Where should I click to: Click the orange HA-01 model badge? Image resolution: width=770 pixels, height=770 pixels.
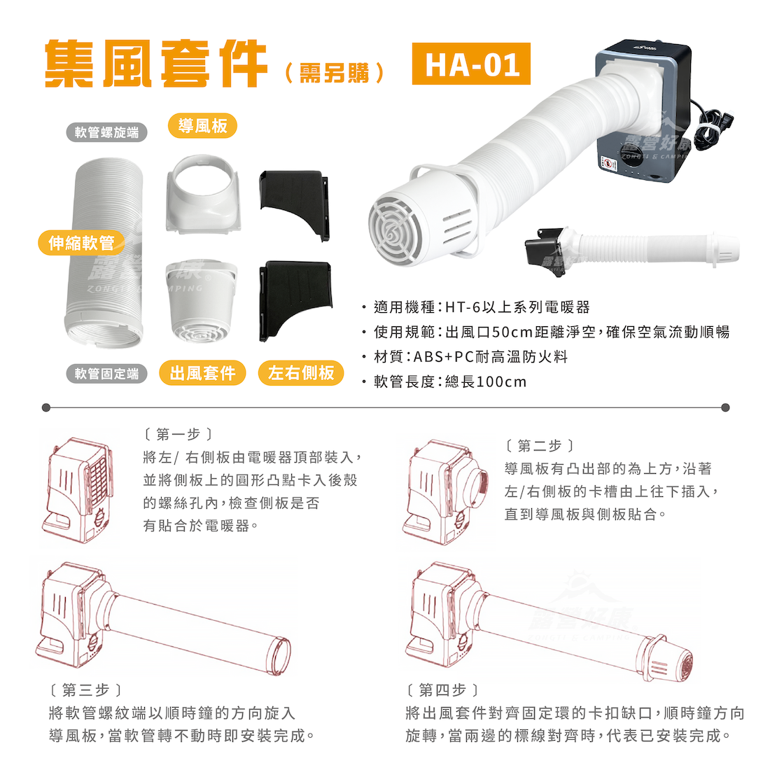point(471,64)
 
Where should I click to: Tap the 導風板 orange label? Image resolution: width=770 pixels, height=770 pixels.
point(202,126)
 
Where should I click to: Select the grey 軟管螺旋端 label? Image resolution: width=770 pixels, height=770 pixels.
point(106,132)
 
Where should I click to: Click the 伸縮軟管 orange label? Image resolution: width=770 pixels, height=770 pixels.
point(81,243)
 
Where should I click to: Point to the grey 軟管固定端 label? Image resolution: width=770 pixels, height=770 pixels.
point(106,374)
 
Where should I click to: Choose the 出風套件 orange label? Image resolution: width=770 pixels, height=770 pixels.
point(202,372)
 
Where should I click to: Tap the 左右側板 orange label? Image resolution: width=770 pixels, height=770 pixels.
point(300,372)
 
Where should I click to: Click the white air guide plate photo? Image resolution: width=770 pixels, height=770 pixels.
point(203,194)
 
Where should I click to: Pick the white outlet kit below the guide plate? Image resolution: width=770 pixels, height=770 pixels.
point(202,300)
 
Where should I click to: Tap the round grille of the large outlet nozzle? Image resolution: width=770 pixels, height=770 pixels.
point(395,232)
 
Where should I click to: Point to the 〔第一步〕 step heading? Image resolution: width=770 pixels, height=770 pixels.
point(178,434)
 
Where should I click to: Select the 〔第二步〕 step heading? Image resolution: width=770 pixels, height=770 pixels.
point(540,445)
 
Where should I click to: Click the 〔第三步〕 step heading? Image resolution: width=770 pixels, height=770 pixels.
point(85,690)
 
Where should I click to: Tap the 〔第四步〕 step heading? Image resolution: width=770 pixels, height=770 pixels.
point(442,690)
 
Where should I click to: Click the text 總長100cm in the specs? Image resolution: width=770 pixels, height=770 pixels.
point(486,381)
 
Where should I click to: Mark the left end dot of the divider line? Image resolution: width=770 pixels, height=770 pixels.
point(46,407)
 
